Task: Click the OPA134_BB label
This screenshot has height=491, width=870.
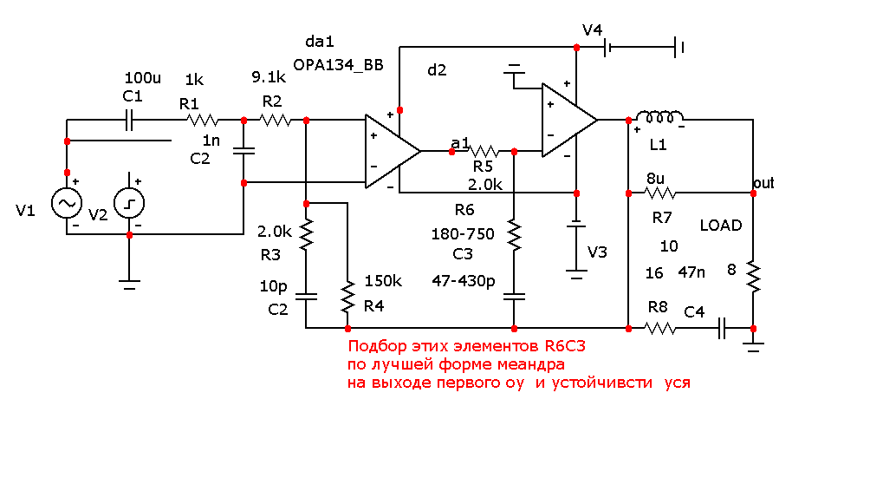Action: pos(338,65)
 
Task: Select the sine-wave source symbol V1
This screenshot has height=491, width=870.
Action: pos(67,204)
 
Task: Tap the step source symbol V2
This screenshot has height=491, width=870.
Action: pos(129,204)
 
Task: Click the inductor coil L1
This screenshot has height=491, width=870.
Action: pos(659,118)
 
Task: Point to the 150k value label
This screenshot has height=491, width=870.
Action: pos(382,280)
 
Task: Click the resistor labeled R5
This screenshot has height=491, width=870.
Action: pos(483,151)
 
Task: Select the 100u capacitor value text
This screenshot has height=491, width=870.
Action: pos(143,78)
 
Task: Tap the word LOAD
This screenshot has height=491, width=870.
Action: pos(721,226)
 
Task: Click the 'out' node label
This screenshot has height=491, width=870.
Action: pos(763,183)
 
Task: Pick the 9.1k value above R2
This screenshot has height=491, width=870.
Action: pos(269,77)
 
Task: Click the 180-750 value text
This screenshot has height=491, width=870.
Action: pos(463,234)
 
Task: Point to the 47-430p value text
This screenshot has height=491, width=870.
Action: pos(464,280)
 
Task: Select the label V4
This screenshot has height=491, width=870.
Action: pos(593,30)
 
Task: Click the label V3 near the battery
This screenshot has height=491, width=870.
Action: pos(598,252)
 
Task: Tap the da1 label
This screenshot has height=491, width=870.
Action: pos(320,42)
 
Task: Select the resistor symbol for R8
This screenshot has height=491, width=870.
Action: pos(660,328)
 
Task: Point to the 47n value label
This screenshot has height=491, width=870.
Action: pos(691,272)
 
